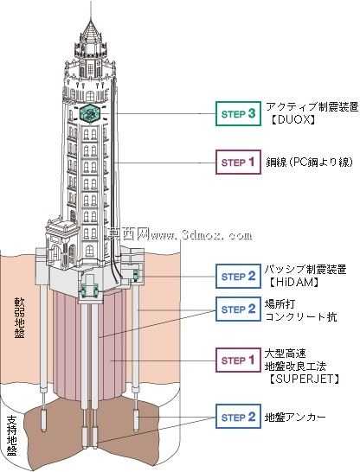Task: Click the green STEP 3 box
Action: coord(238,113)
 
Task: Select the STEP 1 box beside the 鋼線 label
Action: coord(238,162)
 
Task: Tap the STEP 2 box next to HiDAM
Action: coord(238,276)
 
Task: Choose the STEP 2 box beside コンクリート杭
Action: coord(238,309)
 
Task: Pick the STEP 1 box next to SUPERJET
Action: coord(238,360)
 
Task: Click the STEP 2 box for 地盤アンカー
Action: coord(238,417)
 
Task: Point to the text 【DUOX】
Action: coord(292,120)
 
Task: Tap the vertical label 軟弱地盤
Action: coord(19,318)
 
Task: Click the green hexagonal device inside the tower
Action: coord(90,113)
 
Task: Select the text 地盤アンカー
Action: coord(295,418)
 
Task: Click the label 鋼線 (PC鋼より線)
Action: coord(309,163)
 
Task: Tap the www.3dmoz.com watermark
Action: coord(180,234)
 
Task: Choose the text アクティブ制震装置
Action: coord(312,106)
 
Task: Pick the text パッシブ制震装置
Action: coord(305,269)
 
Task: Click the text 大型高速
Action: coord(281,353)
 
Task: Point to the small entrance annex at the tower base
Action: coord(62,243)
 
